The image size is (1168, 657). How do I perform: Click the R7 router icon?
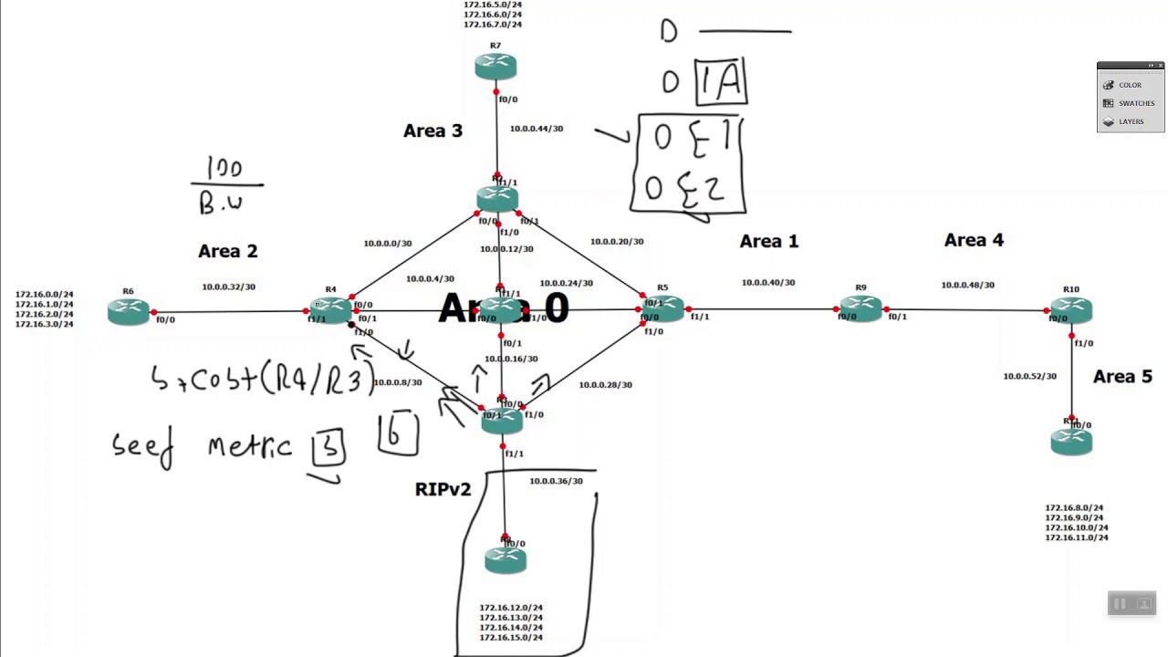pos(495,66)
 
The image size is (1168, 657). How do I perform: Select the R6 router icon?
pos(128,312)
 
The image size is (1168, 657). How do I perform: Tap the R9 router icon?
pos(860,308)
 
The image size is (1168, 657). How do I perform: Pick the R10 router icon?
pos(1070,311)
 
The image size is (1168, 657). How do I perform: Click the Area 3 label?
pos(433,130)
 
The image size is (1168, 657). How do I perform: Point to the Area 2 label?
pos(227,251)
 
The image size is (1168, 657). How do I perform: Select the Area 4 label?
pos(974,240)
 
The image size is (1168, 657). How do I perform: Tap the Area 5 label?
pos(1122,377)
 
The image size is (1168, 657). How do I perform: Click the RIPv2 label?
pos(443,489)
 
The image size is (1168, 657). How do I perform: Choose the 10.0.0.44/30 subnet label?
pos(537,129)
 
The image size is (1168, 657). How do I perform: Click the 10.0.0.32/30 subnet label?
pos(228,287)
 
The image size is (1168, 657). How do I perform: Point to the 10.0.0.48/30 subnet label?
pos(967,285)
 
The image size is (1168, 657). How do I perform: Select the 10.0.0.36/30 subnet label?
pos(556,481)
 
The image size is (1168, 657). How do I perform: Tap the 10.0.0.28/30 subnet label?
pos(605,384)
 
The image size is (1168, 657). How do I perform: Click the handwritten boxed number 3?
pos(328,447)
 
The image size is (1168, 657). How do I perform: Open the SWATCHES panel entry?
pos(1136,103)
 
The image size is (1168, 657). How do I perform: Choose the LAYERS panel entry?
pos(1131,121)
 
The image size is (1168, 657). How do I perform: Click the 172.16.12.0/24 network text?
pos(511,608)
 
